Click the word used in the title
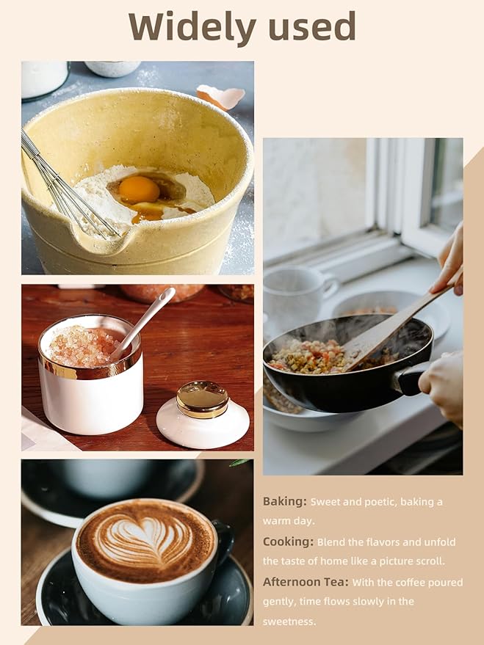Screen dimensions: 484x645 click(x=311, y=26)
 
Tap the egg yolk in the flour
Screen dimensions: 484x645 click(x=139, y=189)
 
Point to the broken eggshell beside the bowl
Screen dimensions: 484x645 click(x=220, y=97)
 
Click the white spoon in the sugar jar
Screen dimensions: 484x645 click(x=142, y=323)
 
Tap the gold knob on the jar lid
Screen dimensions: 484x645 click(x=203, y=398)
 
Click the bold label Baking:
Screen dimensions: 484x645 click(x=285, y=502)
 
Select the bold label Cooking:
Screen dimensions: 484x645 click(x=288, y=542)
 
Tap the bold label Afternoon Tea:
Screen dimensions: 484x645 click(x=306, y=582)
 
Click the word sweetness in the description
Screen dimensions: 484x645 click(x=289, y=622)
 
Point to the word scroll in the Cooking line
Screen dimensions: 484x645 click(x=431, y=561)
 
